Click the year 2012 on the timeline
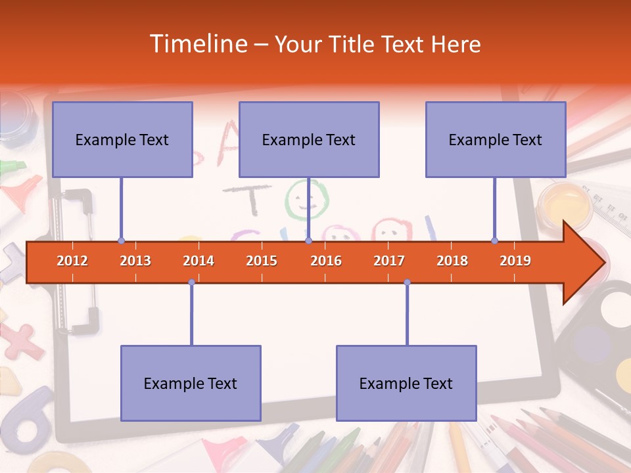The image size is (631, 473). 72,261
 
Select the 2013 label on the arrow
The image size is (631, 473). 135,261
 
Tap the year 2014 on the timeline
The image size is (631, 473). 199,261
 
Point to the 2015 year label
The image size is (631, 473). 262,261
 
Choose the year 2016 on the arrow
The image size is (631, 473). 326,261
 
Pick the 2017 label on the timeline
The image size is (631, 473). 389,261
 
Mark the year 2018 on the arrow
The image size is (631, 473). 452,261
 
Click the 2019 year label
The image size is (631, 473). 515,261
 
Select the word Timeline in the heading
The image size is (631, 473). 197,44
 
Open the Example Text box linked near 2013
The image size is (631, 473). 122,139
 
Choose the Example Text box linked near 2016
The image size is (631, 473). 309,139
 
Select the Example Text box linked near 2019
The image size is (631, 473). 496,139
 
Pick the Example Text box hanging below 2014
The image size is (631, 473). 191,383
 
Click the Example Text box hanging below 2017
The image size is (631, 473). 406,383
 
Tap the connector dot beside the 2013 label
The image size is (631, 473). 121,241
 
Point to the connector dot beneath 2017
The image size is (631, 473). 407,282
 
